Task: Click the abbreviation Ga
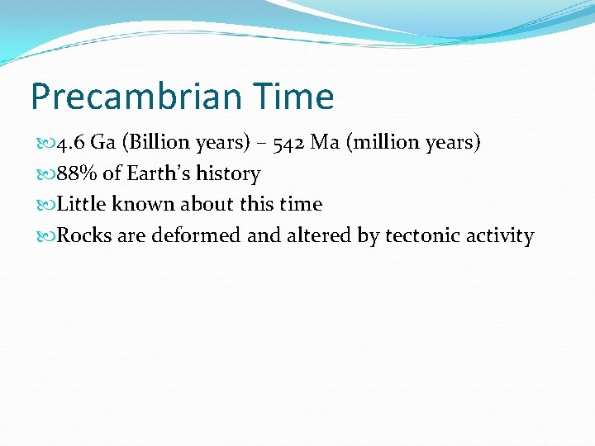pos(103,143)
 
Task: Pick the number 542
pos(285,143)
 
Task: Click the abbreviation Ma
pos(325,143)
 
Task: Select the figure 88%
pos(74,174)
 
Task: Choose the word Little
pos(82,205)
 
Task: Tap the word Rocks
pos(84,236)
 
